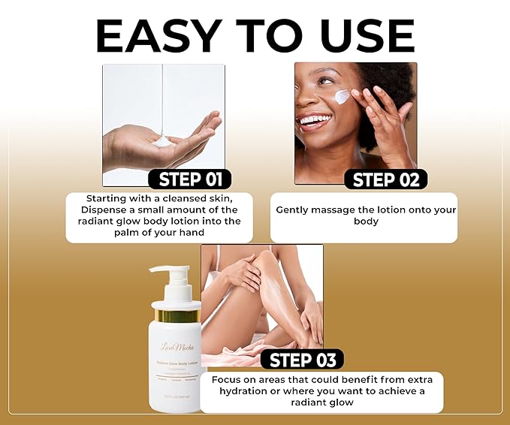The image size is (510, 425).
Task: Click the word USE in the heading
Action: click(362, 35)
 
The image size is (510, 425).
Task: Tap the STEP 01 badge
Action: click(190, 179)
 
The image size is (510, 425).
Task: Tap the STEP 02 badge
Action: click(385, 179)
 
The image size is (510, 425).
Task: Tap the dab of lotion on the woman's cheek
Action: click(342, 96)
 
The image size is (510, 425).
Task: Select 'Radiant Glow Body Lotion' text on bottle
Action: click(177, 363)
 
